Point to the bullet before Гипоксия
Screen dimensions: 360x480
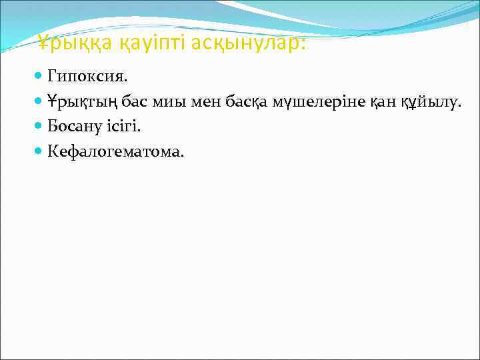pos(41,77)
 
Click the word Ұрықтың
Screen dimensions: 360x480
pos(81,102)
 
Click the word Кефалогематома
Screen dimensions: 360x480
pos(115,151)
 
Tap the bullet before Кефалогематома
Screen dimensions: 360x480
pos(41,151)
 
